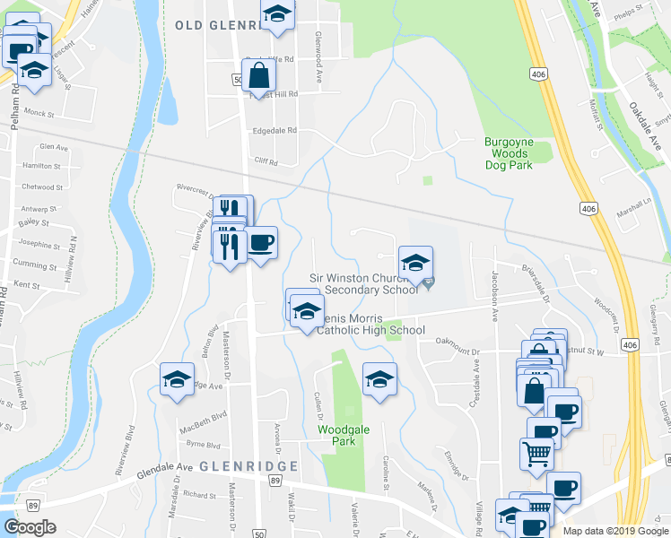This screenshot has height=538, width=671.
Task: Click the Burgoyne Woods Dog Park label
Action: coord(509,153)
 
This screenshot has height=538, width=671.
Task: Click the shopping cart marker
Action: coord(536,453)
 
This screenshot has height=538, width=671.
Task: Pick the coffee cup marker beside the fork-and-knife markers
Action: coord(260,243)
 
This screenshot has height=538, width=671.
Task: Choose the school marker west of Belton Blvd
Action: coord(177,379)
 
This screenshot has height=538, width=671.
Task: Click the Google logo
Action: coord(30,527)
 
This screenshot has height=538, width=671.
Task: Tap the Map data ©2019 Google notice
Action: coord(614,531)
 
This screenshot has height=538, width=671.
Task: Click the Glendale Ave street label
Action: coord(165,468)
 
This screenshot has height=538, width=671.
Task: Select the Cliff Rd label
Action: coord(266,162)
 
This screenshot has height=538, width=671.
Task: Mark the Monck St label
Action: coord(39,115)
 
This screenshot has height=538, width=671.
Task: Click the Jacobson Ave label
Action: coord(493,297)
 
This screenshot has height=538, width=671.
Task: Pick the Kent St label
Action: coord(28,284)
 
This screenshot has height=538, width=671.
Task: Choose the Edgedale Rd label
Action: coord(274,130)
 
